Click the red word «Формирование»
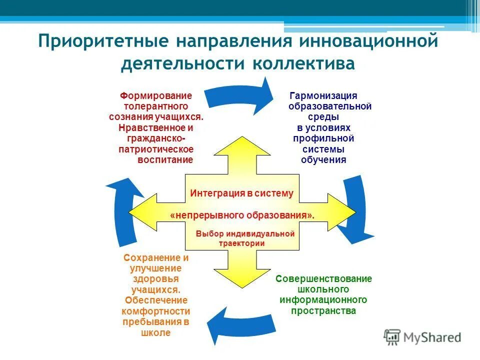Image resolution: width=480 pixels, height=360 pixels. pyautogui.click(x=156, y=95)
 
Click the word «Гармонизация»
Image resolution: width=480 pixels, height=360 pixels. pyautogui.click(x=323, y=95)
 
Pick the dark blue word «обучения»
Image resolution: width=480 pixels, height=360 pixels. pyautogui.click(x=323, y=160)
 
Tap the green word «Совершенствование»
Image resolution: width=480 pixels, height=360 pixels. pyautogui.click(x=323, y=278)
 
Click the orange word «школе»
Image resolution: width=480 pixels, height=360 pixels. pyautogui.click(x=156, y=332)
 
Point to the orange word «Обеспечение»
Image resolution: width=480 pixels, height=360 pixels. pyautogui.click(x=156, y=300)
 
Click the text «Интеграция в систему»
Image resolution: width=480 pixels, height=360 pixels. pyautogui.click(x=241, y=193)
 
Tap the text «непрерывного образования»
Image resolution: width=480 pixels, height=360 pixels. pyautogui.click(x=242, y=215)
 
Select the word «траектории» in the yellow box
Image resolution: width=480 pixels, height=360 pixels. pyautogui.click(x=241, y=243)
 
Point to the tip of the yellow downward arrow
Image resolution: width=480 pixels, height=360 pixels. pyautogui.click(x=242, y=287)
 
